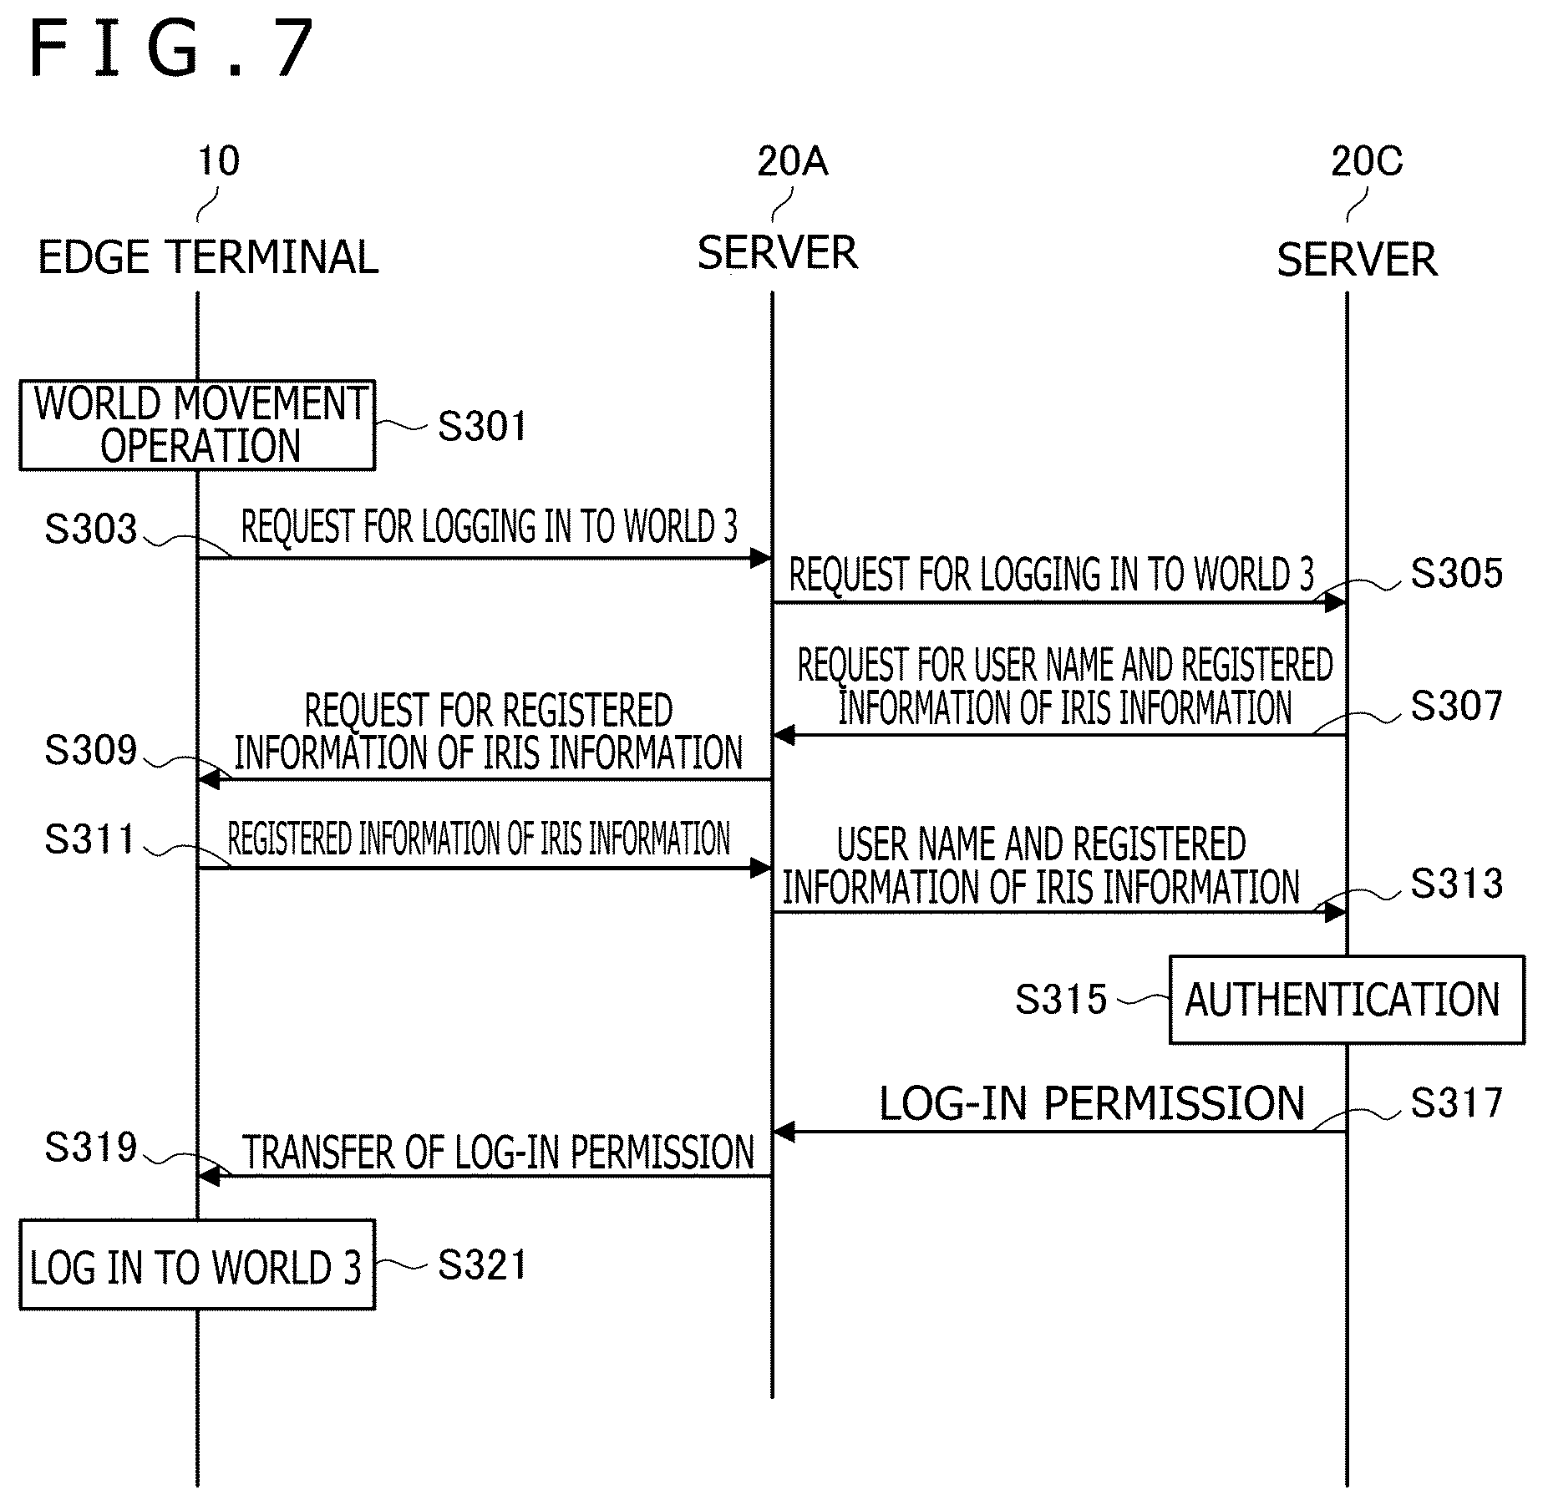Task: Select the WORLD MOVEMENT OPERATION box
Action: tap(198, 425)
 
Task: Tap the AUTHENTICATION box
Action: tap(1347, 1000)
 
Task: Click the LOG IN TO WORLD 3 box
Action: tap(198, 1264)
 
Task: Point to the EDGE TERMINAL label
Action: tap(208, 257)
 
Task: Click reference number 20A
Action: tap(792, 161)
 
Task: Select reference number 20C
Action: tap(1367, 161)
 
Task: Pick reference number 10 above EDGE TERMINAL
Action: tap(219, 161)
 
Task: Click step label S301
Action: tap(482, 427)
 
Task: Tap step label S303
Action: tap(90, 530)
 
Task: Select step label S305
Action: tap(1457, 574)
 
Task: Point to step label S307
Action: tap(1457, 707)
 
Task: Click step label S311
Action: tap(89, 839)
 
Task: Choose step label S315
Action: tap(1061, 1000)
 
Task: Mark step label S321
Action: tap(482, 1265)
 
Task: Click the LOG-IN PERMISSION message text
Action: tap(1092, 1103)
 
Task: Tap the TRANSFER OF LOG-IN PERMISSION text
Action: tap(499, 1153)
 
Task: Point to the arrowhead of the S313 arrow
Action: tap(1335, 912)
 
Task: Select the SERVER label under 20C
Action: tap(1357, 260)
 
